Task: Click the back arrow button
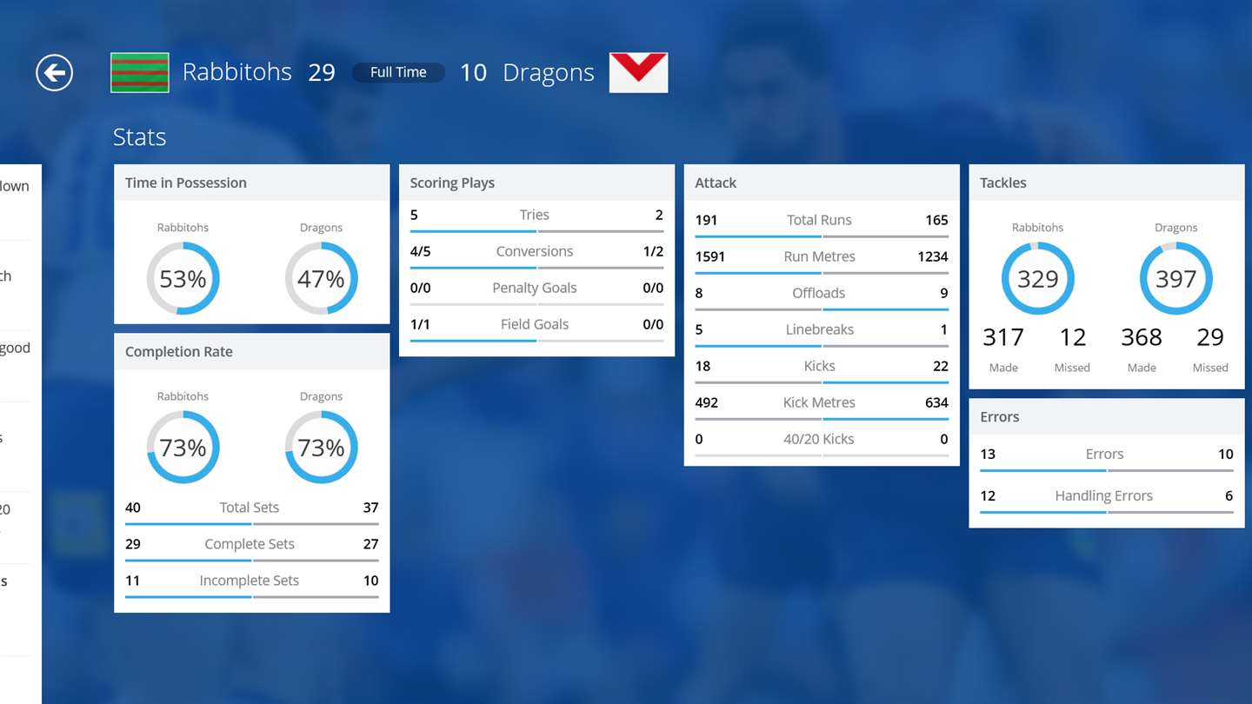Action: (54, 72)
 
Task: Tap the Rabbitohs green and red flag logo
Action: (139, 72)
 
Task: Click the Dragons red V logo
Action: (638, 72)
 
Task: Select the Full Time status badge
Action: (398, 72)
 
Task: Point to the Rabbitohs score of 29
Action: (322, 72)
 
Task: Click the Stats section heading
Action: (139, 137)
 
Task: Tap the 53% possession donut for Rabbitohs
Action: (183, 279)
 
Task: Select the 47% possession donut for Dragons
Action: (321, 279)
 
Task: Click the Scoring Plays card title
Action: (452, 183)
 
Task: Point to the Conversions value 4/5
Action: (420, 251)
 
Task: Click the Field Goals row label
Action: (534, 324)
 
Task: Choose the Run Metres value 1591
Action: (709, 256)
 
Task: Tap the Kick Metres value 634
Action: (936, 402)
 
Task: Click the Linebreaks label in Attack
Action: (819, 329)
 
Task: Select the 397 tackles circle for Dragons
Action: (1175, 279)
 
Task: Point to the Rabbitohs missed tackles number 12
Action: (1072, 337)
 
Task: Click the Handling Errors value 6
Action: (1229, 495)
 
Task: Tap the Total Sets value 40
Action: (133, 508)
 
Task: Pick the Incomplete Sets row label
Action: (249, 581)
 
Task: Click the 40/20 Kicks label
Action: (819, 439)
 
